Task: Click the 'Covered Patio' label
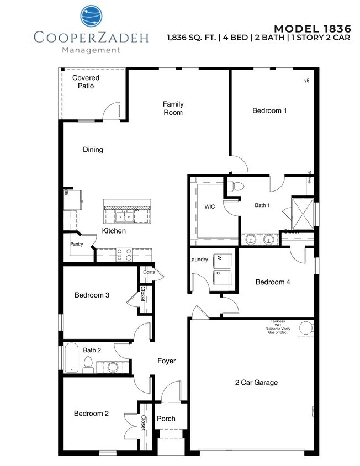(86, 82)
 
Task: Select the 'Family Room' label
(173, 108)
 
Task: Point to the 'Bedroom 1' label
(269, 110)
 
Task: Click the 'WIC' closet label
(209, 206)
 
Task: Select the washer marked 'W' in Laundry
(224, 258)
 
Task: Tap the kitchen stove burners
(123, 255)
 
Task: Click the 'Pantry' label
(77, 244)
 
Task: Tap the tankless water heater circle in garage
(303, 329)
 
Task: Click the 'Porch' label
(166, 419)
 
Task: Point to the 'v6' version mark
(306, 80)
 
